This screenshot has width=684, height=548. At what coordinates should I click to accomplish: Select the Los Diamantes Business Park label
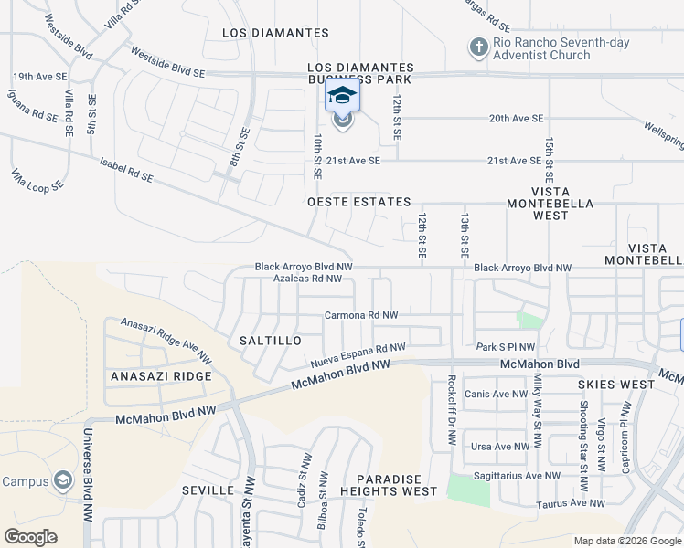click(360, 74)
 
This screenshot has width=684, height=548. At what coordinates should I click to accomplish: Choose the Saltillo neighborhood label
click(271, 341)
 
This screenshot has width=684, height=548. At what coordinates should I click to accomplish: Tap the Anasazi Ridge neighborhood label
click(161, 376)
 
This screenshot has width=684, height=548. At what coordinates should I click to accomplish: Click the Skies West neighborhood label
click(616, 385)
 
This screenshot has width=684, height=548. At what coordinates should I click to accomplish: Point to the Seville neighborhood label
click(208, 490)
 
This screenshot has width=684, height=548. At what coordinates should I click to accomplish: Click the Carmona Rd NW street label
click(361, 315)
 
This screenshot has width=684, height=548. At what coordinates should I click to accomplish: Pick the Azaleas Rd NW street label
click(307, 279)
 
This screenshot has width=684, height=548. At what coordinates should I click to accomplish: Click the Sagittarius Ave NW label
click(517, 476)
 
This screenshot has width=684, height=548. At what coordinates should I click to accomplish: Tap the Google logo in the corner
click(30, 537)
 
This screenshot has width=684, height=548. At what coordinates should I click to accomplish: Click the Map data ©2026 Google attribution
click(626, 540)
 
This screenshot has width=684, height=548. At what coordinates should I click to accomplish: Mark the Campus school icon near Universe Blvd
click(62, 479)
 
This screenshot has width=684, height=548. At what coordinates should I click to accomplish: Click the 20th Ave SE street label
click(516, 119)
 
